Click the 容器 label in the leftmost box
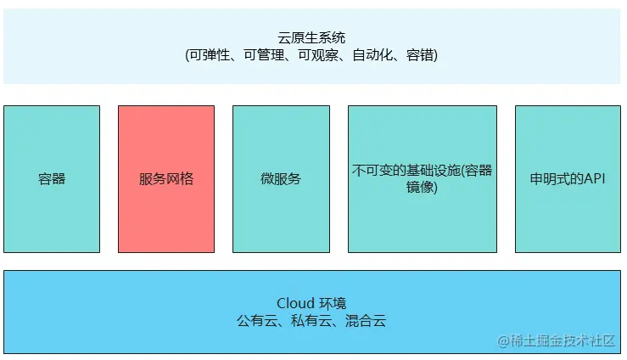click(52, 179)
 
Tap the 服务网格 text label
click(166, 179)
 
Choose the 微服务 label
click(281, 179)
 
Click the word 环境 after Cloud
click(333, 303)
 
